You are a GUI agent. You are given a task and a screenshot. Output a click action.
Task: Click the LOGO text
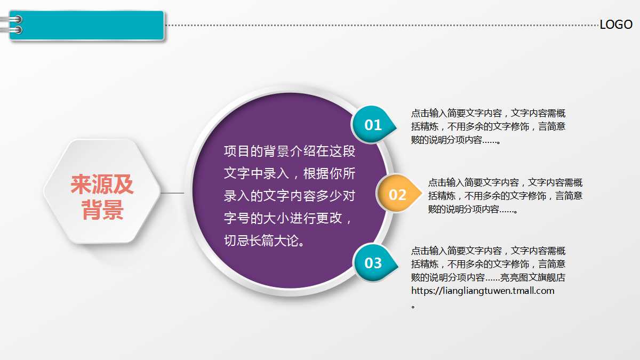(616, 25)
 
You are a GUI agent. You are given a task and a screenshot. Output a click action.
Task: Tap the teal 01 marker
(373, 125)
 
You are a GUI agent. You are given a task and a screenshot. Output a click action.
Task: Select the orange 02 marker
(397, 194)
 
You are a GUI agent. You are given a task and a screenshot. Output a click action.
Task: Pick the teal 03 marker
(373, 262)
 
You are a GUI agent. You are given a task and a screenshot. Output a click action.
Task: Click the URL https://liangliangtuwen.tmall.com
(483, 291)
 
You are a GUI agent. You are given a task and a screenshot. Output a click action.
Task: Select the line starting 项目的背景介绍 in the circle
(290, 151)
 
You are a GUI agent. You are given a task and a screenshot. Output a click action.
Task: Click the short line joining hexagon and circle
(172, 193)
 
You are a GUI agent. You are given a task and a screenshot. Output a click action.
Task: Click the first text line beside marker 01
(488, 113)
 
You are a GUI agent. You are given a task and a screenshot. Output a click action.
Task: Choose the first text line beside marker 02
(505, 182)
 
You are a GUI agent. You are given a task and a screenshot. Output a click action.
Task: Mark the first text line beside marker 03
(488, 251)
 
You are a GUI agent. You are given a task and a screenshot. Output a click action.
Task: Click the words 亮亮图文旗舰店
(532, 277)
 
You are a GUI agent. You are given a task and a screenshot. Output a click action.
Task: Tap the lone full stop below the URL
(413, 307)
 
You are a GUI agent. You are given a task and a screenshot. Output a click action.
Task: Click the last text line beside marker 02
(473, 210)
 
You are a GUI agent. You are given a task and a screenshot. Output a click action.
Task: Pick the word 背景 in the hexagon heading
(102, 211)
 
